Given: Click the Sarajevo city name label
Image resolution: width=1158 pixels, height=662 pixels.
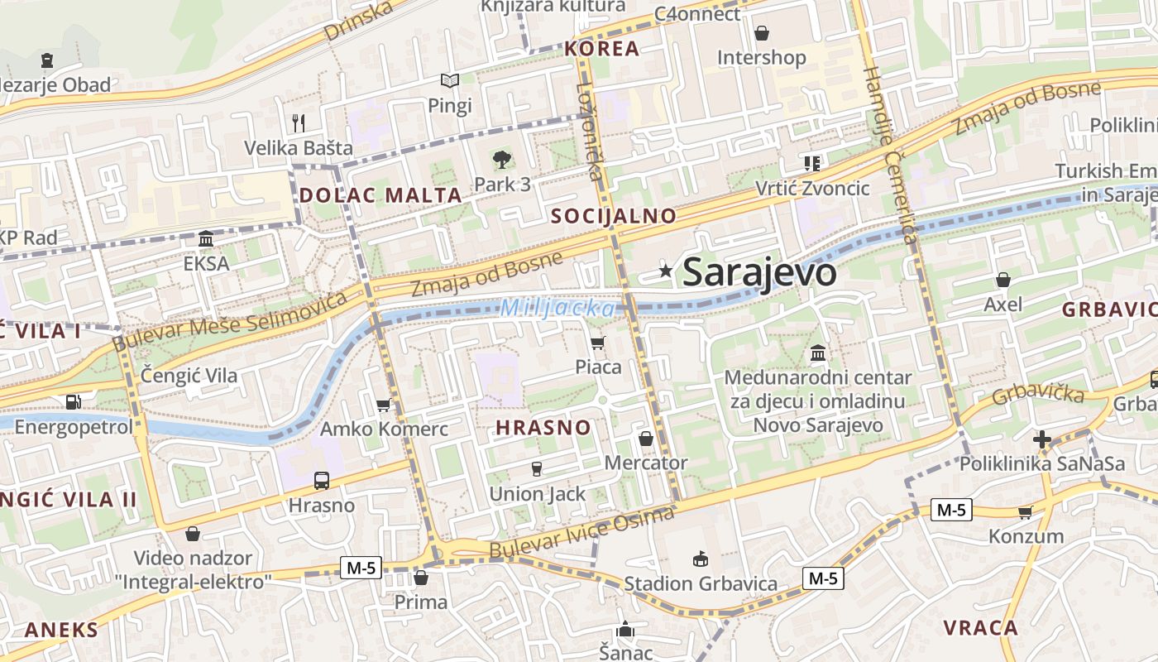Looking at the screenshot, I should (x=759, y=272).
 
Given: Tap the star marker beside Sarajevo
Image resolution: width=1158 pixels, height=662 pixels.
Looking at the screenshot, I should (x=665, y=271).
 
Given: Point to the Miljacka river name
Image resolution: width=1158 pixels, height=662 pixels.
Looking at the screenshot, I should (x=557, y=309).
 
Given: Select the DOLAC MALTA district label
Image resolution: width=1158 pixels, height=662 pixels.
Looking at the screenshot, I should (x=380, y=196).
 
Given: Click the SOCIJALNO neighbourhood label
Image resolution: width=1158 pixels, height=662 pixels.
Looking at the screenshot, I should (x=614, y=217).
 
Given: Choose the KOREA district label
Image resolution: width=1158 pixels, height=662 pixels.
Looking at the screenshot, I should (x=602, y=49).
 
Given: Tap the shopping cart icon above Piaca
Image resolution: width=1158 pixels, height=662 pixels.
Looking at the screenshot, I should (x=598, y=343).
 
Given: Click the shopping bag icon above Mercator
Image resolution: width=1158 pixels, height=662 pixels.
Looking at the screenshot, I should (x=646, y=439).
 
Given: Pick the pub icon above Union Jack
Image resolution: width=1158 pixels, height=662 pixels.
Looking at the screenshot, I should (x=536, y=469).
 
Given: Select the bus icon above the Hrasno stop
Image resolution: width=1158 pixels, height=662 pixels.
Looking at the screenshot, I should (x=321, y=480).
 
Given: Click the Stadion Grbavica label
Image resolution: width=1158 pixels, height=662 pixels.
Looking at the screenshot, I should (x=701, y=583).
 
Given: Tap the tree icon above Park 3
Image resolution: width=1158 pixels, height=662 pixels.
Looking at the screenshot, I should (x=501, y=160).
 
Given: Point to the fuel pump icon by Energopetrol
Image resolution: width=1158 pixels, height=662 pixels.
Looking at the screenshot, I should (x=73, y=402).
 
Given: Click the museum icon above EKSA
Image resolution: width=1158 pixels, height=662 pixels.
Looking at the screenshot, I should (x=206, y=239).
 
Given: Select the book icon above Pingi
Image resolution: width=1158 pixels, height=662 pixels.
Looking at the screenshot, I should (x=450, y=81).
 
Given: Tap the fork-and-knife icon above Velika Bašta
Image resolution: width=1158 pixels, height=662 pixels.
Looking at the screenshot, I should (x=299, y=123).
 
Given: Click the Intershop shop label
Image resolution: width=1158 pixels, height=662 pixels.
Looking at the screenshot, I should (x=761, y=58).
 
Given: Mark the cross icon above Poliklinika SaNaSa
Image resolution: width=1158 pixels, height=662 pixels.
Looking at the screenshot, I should (x=1042, y=439).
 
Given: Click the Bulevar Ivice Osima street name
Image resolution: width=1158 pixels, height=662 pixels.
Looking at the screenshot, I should (x=581, y=534).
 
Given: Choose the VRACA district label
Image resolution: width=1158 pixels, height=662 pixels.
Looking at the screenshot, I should (x=980, y=627).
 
